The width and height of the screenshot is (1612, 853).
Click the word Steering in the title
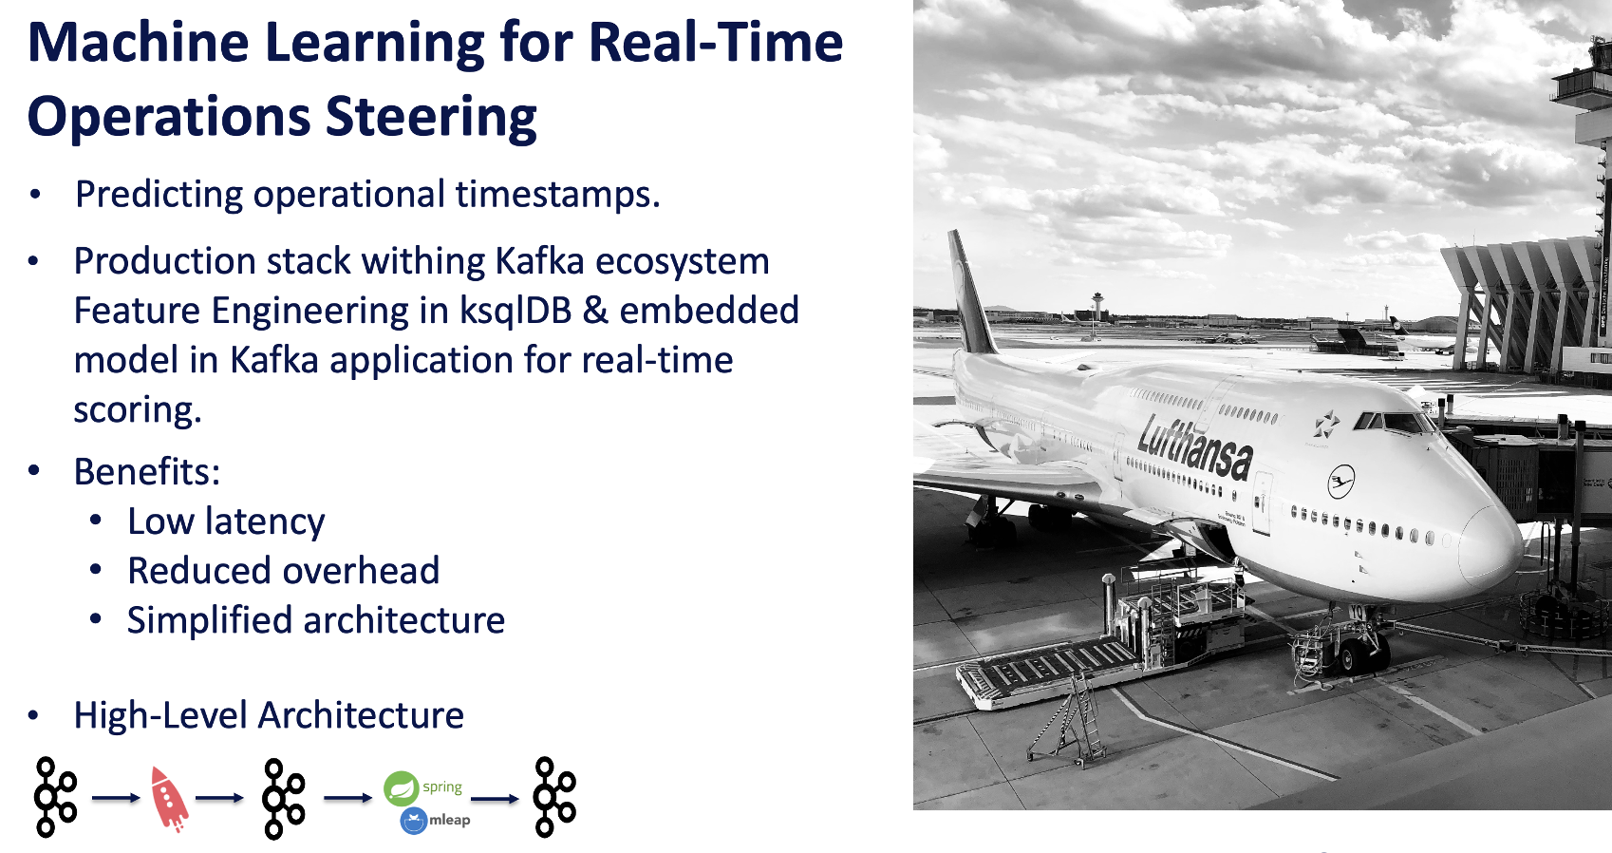(431, 117)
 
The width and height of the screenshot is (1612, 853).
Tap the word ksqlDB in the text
(515, 311)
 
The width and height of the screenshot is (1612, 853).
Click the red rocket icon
(169, 799)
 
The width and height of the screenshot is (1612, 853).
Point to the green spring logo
(402, 788)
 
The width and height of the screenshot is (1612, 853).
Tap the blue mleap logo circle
(414, 821)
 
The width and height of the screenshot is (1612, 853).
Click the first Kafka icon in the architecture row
(55, 797)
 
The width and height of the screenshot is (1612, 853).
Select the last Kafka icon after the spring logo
(554, 797)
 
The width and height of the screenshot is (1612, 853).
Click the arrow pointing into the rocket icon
(116, 798)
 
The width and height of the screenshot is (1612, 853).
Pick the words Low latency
(226, 521)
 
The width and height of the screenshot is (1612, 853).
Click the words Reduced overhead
(283, 571)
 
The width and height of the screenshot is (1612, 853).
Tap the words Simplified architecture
(315, 620)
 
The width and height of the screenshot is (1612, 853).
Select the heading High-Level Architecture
(269, 715)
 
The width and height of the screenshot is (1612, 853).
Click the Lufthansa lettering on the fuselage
(1195, 445)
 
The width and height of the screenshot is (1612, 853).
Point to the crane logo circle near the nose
(1340, 482)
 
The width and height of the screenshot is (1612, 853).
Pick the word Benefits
(147, 472)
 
